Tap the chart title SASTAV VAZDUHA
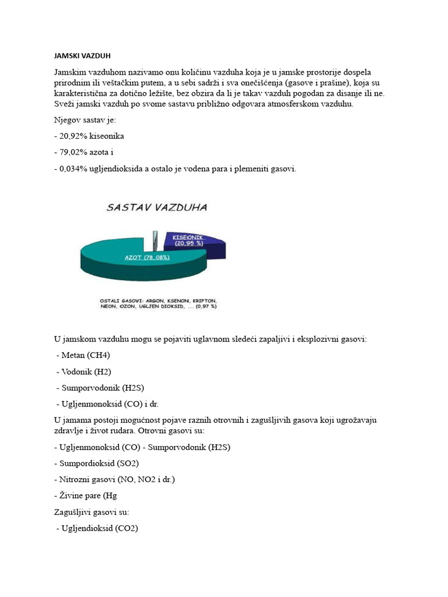pos(156,208)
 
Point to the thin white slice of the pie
pos(155,239)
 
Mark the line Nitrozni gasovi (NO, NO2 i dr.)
pos(117,479)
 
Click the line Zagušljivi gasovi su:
pos(92,512)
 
